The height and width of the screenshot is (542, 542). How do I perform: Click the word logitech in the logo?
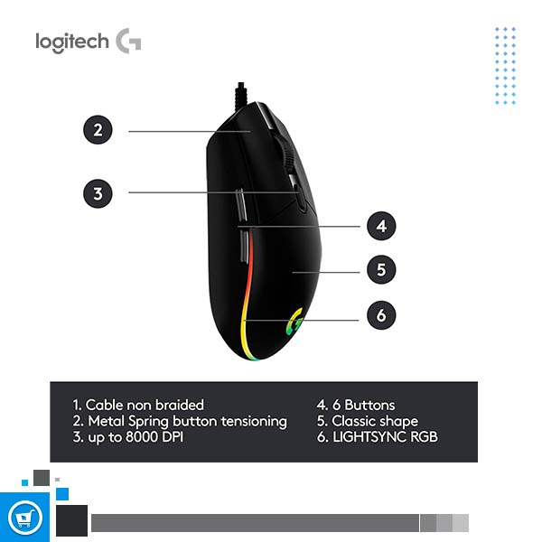pyautogui.click(x=72, y=42)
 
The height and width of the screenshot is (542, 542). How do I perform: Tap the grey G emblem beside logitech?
pyautogui.click(x=128, y=41)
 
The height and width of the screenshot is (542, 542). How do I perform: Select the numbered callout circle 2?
pyautogui.click(x=98, y=129)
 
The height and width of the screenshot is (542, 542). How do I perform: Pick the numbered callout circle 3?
pyautogui.click(x=98, y=193)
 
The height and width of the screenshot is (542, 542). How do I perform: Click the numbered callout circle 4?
pyautogui.click(x=381, y=226)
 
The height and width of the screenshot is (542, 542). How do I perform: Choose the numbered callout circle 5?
pyautogui.click(x=381, y=269)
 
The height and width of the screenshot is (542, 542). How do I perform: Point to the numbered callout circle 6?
pyautogui.click(x=381, y=315)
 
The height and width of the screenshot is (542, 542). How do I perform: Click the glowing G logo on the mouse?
pyautogui.click(x=294, y=322)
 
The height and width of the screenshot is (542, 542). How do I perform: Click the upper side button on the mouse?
pyautogui.click(x=241, y=205)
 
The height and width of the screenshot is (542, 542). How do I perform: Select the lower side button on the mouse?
pyautogui.click(x=244, y=246)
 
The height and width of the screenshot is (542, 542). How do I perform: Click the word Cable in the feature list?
pyautogui.click(x=104, y=405)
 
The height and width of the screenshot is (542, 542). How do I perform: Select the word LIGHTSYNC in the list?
pyautogui.click(x=369, y=437)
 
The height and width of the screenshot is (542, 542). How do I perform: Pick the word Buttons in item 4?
pyautogui.click(x=369, y=405)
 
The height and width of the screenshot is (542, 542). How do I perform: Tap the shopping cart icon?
pyautogui.click(x=24, y=519)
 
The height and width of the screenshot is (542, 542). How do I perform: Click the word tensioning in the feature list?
pyautogui.click(x=254, y=422)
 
